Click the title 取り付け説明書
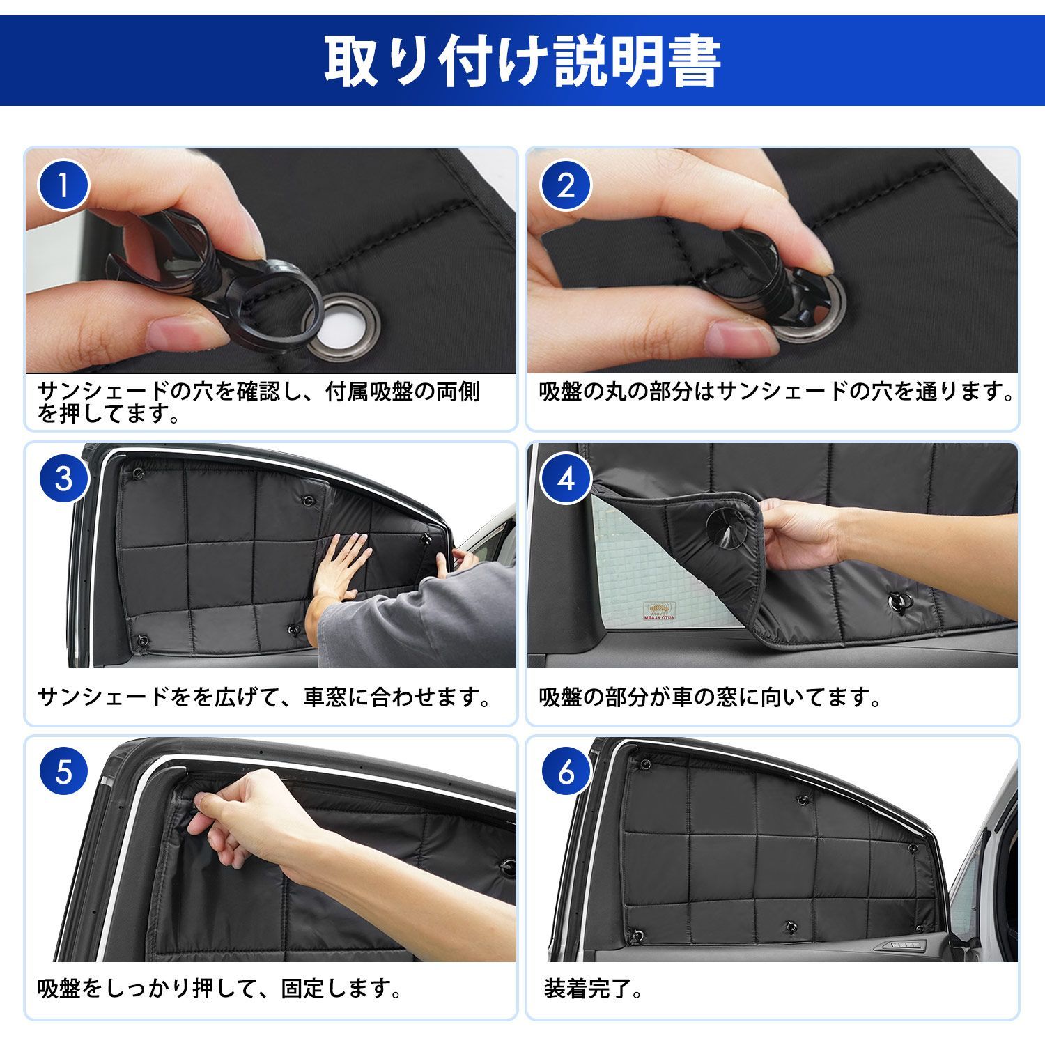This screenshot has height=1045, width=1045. click(522, 62)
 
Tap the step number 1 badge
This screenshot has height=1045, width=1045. click(63, 185)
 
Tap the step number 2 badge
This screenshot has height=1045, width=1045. click(566, 185)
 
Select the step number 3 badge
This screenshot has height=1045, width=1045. click(63, 479)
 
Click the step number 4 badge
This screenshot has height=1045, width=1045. click(566, 479)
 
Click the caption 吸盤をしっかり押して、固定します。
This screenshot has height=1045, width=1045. click(219, 989)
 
